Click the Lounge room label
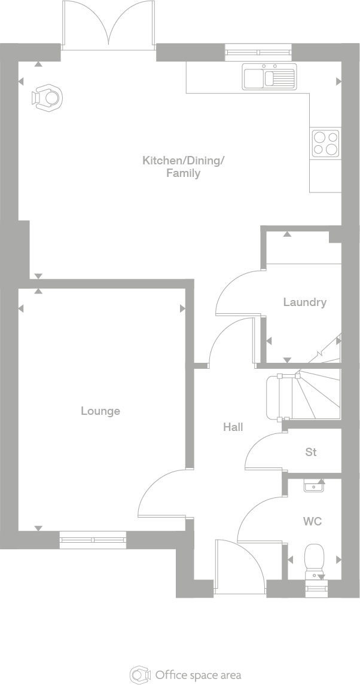100,411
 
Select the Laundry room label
304,302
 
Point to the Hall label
233,427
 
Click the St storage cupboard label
311,452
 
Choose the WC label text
312,522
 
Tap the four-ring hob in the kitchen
325,143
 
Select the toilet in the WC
314,559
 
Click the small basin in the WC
314,487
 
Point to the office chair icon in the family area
48,98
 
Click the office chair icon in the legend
140,675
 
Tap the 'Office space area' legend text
198,675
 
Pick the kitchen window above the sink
260,53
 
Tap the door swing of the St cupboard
263,451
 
